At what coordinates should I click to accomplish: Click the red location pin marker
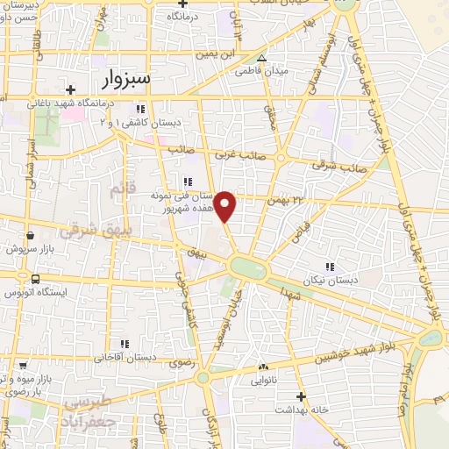(x=226, y=205)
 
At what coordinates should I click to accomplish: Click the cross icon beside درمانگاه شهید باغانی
(x=70, y=89)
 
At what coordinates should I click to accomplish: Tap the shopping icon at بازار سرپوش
(x=31, y=235)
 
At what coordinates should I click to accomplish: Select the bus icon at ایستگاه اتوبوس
(x=35, y=279)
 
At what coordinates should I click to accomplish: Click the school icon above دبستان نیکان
(x=329, y=266)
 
